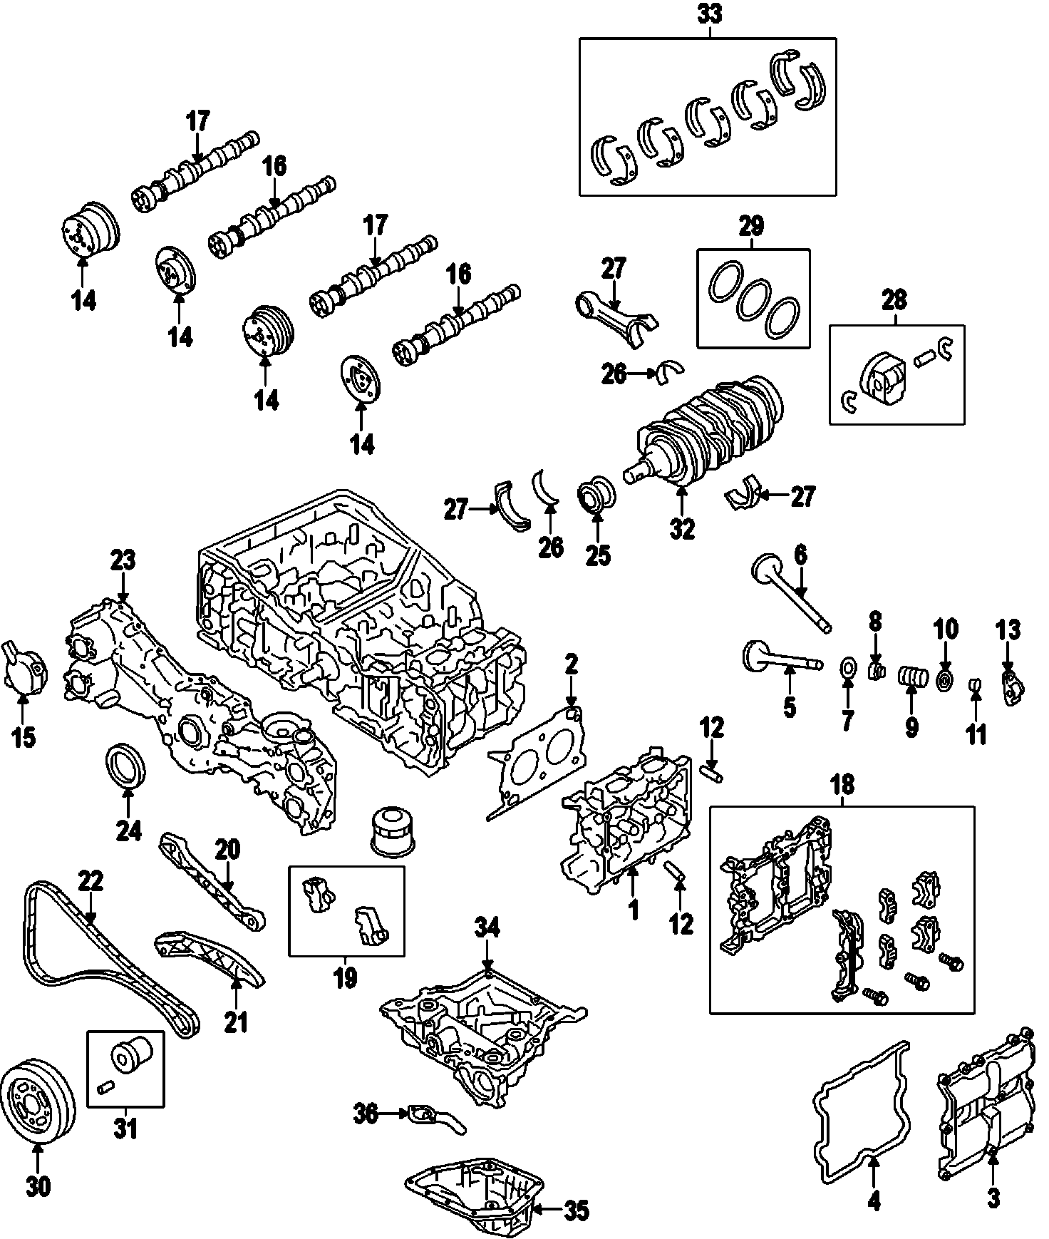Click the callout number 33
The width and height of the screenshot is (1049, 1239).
(x=709, y=14)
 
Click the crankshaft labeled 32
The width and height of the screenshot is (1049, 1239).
(x=713, y=428)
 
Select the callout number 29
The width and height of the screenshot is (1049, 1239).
(x=752, y=227)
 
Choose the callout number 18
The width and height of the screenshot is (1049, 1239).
(x=842, y=784)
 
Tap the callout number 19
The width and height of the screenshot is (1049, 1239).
(x=346, y=978)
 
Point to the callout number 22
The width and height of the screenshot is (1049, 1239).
(x=91, y=881)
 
